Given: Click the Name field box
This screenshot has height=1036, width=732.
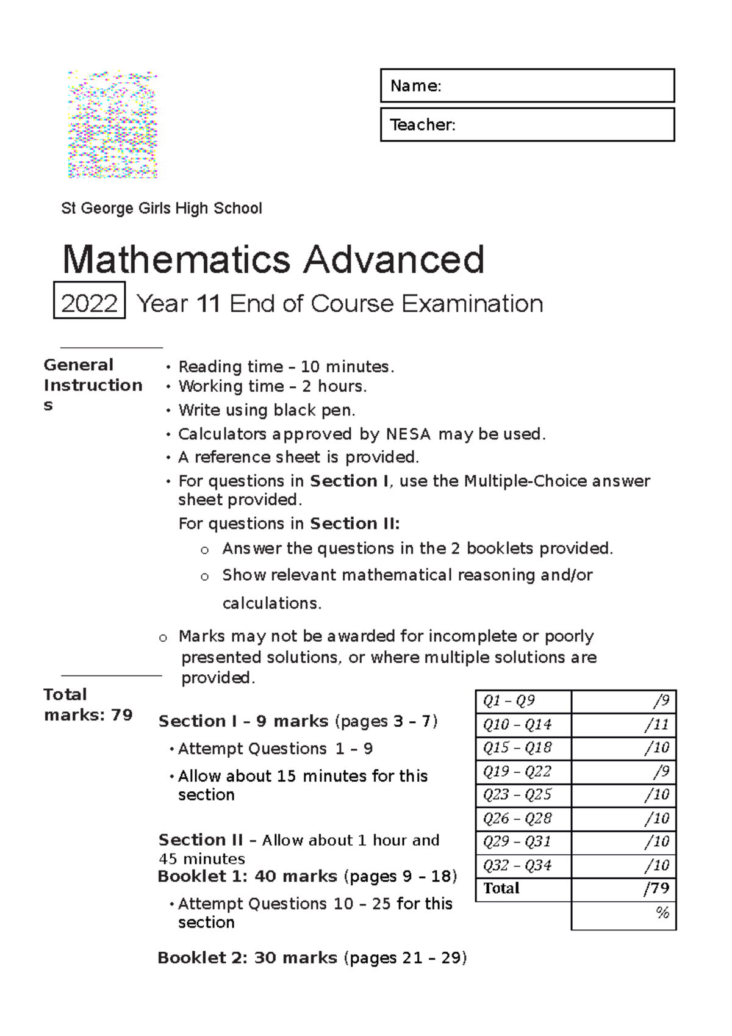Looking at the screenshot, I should (x=527, y=85).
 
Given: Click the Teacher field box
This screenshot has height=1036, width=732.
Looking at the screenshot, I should (x=527, y=125).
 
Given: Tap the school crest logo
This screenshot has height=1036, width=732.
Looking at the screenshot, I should (x=112, y=125).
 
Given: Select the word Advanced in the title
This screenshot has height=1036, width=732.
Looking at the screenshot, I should (x=393, y=260).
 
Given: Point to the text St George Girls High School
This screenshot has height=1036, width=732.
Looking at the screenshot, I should (x=162, y=209).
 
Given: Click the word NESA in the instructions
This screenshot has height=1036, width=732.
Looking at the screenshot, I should (x=408, y=434).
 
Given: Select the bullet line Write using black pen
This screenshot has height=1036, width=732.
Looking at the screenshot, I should (x=267, y=410).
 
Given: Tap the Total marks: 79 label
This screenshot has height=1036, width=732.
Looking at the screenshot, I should (x=88, y=705).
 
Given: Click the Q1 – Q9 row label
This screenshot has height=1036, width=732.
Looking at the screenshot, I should (x=509, y=701).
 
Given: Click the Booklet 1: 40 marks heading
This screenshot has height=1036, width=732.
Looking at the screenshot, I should (x=247, y=877).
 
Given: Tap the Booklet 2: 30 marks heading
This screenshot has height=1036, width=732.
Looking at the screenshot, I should (x=247, y=958).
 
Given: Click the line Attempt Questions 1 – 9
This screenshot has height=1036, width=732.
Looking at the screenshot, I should (x=275, y=749).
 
